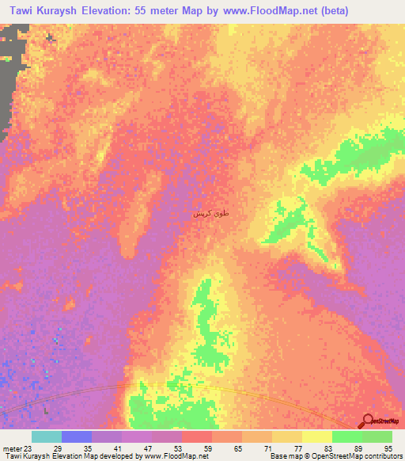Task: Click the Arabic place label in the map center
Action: [207, 214]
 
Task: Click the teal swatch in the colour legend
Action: [47, 436]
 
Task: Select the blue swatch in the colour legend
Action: [77, 436]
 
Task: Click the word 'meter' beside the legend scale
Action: [11, 448]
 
